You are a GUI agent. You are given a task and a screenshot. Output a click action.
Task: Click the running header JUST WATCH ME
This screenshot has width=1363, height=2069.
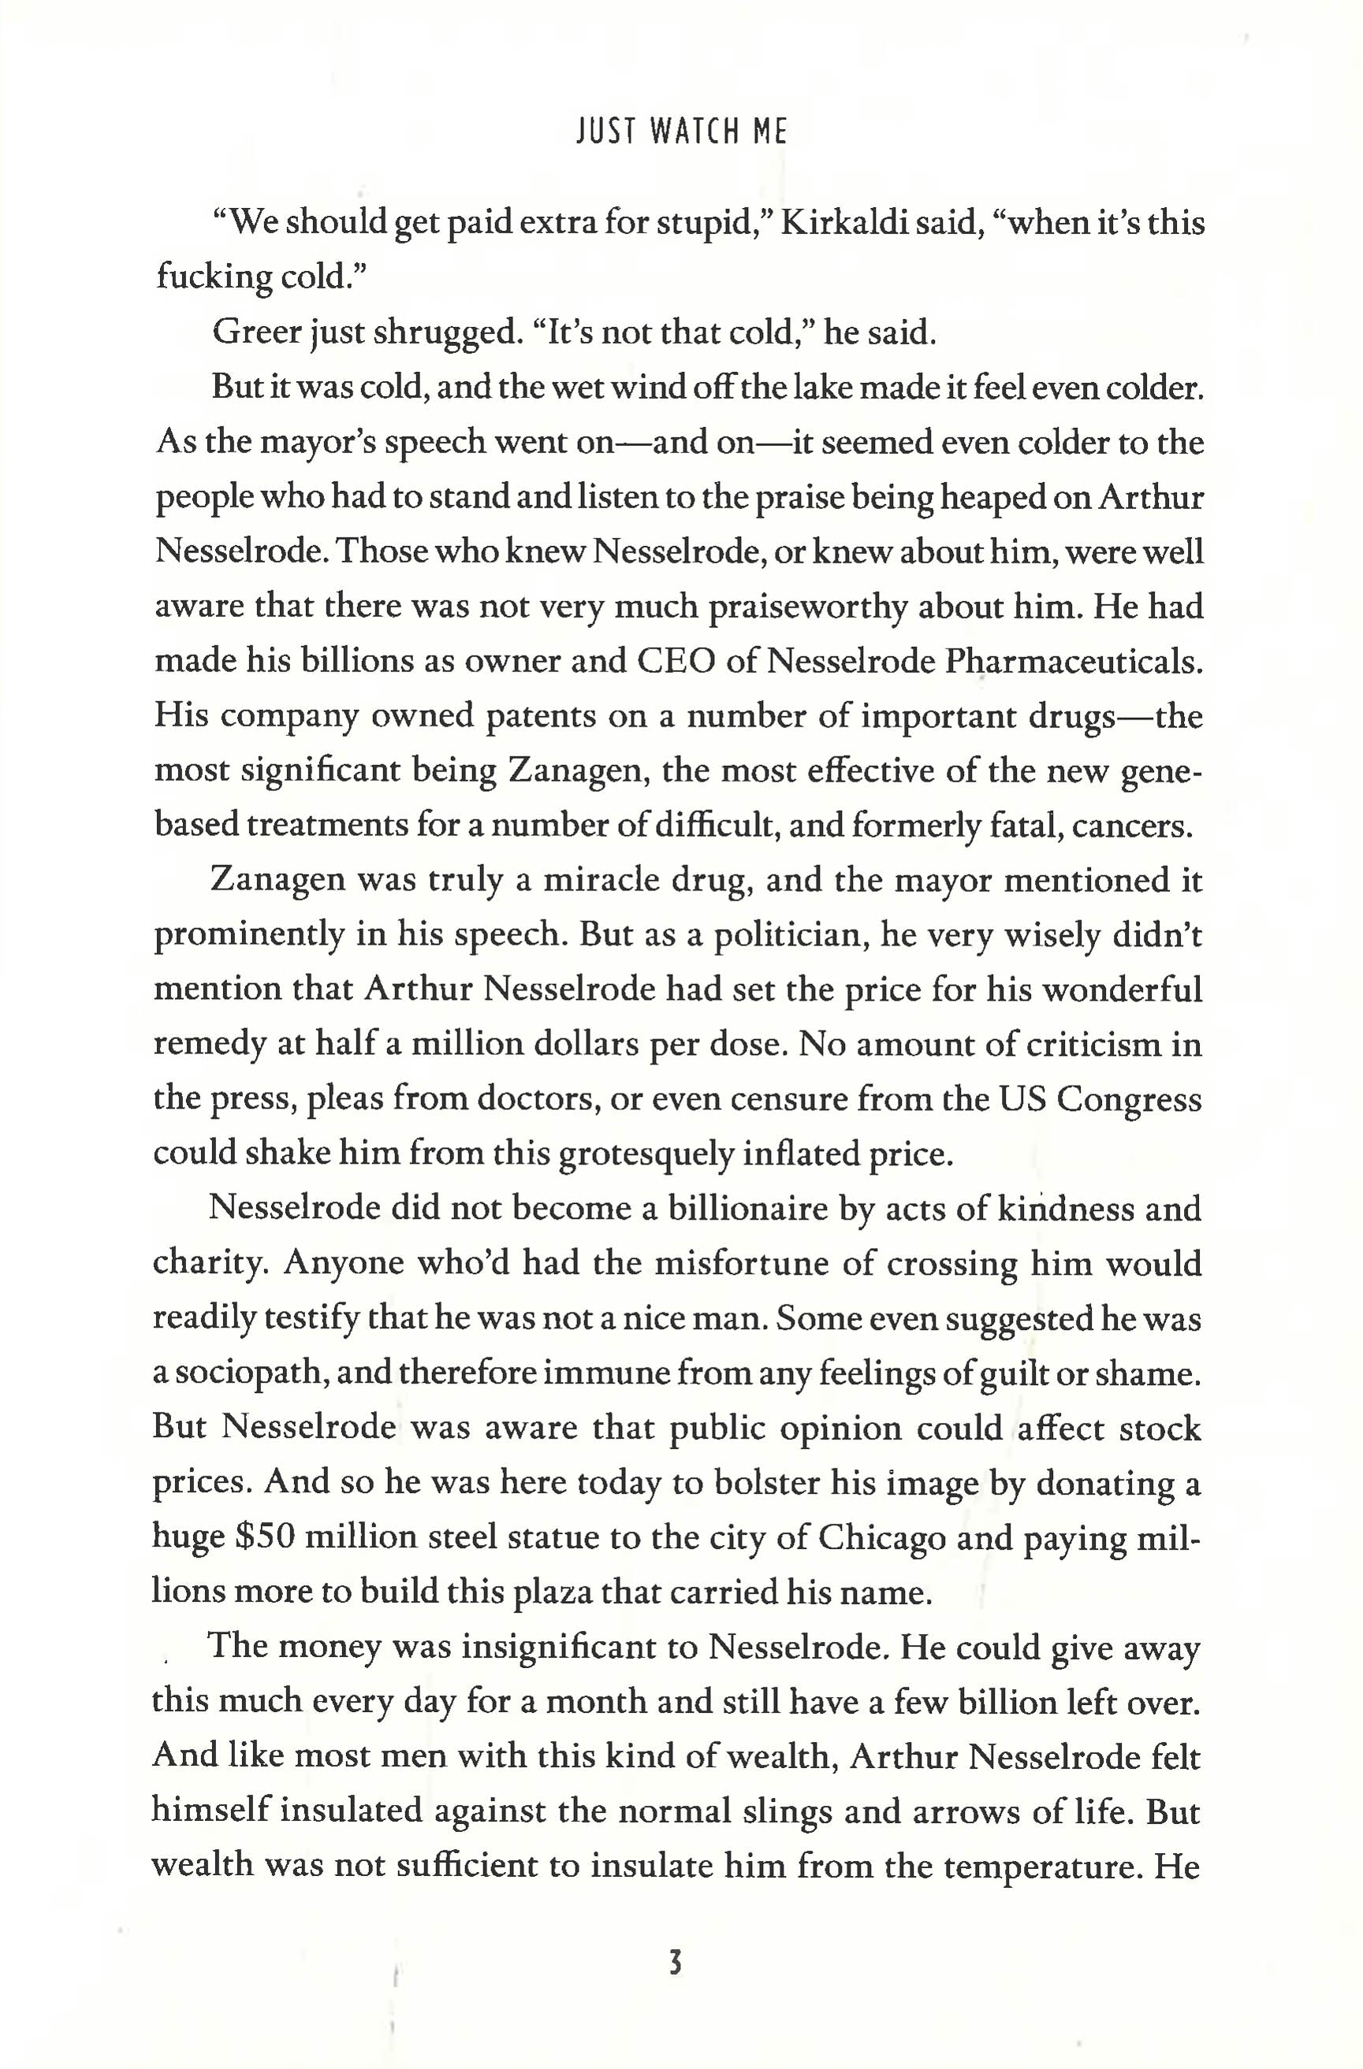tap(681, 132)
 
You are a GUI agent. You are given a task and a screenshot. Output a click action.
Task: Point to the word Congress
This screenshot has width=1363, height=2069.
tap(1129, 1101)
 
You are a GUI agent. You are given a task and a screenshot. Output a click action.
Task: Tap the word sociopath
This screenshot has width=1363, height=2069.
tap(244, 1374)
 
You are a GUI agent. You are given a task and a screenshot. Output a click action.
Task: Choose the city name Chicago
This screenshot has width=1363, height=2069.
tap(881, 1538)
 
